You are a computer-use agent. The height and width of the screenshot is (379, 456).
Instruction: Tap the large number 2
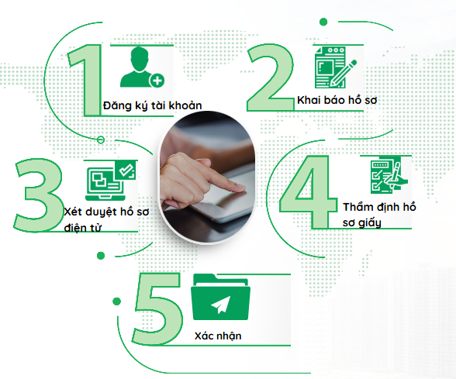coord(271,78)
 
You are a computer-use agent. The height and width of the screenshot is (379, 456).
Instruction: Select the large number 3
coord(39,195)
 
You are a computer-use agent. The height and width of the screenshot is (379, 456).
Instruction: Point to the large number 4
coord(309,192)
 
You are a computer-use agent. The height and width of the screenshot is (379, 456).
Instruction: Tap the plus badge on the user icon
coord(157,81)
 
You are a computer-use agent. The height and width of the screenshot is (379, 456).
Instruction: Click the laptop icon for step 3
coord(105,184)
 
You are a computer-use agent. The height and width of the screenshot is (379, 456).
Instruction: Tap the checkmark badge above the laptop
coord(126,170)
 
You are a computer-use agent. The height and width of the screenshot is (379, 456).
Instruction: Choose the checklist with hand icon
coord(389,175)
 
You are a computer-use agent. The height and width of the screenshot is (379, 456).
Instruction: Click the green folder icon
coord(220,297)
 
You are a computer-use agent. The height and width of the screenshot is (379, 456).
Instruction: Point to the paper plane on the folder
coord(221,305)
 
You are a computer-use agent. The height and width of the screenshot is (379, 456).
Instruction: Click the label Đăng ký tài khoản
coord(152,105)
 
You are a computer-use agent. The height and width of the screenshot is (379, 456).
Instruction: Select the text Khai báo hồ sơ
coord(337,100)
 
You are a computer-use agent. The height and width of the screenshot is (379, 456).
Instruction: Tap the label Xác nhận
coord(218,336)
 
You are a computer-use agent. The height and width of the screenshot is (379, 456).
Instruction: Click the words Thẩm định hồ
coord(379,207)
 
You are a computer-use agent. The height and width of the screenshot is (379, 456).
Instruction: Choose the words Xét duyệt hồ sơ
coord(106,212)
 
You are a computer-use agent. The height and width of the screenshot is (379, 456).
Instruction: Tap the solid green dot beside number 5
coord(116,301)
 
